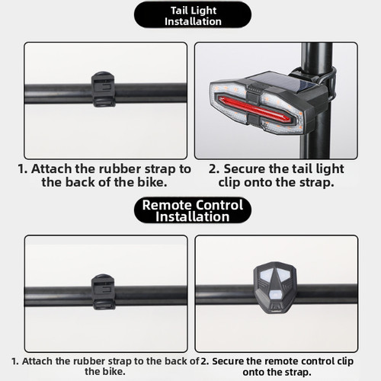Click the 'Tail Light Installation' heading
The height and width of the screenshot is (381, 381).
pos(193,16)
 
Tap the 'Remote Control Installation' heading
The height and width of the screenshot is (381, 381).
pos(193,210)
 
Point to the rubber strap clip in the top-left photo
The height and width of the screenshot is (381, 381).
pos(103,89)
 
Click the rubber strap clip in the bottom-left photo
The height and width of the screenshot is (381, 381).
pos(103,292)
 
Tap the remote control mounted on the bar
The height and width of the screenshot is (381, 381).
pos(275,287)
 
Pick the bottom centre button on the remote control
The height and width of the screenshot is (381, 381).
pos(275,296)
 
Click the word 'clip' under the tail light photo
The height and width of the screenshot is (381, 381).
pos(229,183)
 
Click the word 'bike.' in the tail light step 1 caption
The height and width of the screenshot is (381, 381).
pos(152,182)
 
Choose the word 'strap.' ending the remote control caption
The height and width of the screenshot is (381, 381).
pos(299,373)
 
